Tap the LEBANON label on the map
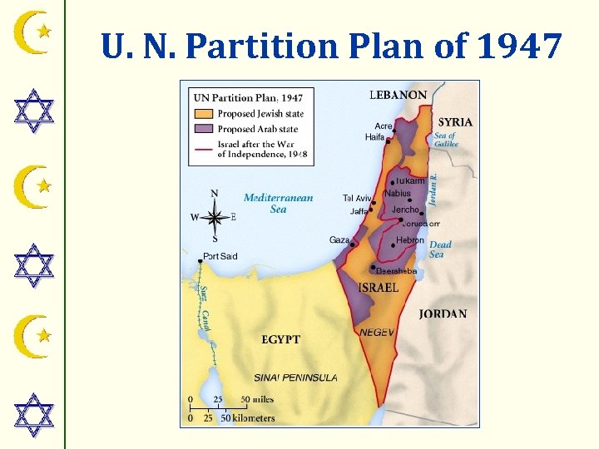click(399, 96)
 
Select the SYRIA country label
click(455, 121)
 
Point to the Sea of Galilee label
click(446, 140)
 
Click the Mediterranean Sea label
click(278, 204)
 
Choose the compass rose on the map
click(215, 217)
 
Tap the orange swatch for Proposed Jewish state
click(204, 114)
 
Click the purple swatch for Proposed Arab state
click(204, 129)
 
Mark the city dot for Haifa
click(388, 141)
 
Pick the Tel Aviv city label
click(357, 198)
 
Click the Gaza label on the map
click(339, 240)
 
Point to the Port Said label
click(220, 256)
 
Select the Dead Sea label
click(440, 249)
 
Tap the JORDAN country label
click(443, 314)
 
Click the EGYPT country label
click(280, 339)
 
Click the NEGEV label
click(377, 332)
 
